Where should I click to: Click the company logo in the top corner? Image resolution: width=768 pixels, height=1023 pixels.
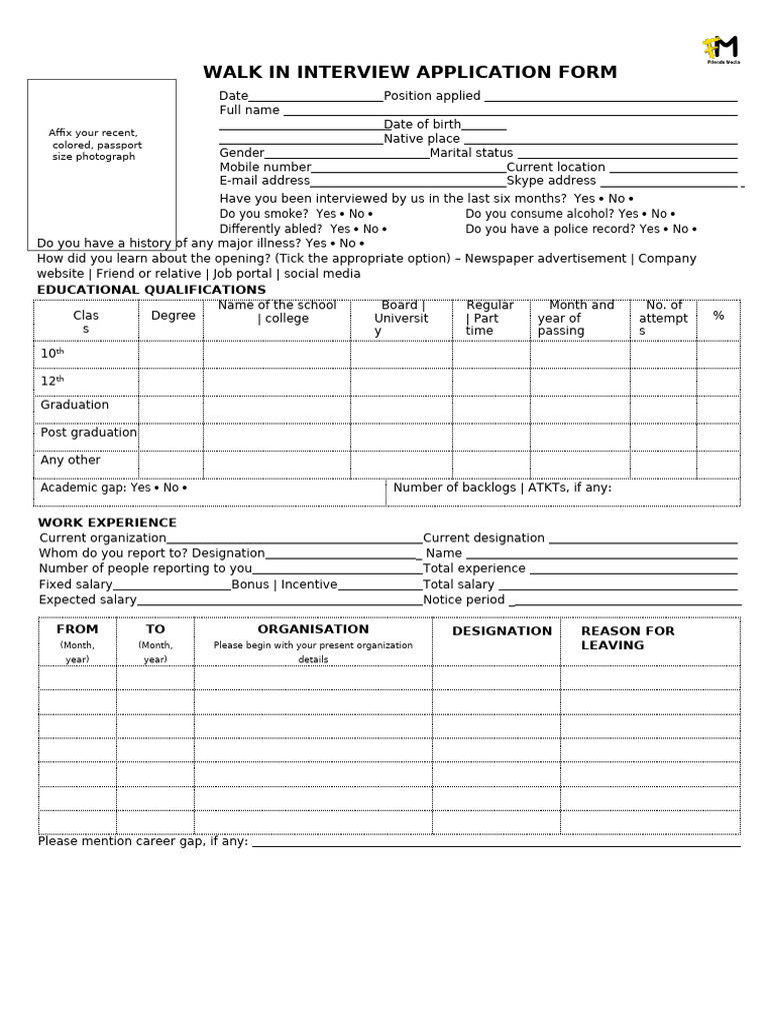[720, 49]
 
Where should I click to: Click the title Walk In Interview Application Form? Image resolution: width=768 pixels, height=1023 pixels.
[410, 72]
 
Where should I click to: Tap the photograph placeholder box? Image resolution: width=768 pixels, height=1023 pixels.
[101, 164]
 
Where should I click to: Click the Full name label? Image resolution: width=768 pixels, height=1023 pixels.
[249, 110]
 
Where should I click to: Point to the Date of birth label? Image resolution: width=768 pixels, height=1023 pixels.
[422, 125]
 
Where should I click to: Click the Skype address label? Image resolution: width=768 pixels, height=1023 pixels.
[551, 181]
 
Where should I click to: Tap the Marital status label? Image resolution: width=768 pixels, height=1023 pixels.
[471, 153]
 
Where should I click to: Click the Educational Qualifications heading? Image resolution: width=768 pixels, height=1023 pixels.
[151, 290]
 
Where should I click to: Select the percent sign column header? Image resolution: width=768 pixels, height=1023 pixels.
[718, 316]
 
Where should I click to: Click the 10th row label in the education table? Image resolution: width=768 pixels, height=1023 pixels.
[52, 354]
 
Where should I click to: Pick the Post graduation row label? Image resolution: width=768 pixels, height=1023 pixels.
[88, 433]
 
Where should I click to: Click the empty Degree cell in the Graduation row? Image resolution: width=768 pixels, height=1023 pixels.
[170, 410]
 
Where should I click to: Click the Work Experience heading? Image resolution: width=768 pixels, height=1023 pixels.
[107, 522]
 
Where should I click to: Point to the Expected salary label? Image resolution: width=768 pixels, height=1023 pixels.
[88, 599]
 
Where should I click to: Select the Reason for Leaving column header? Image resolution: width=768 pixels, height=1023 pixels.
[627, 637]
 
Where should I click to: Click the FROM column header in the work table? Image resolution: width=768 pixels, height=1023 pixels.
[77, 629]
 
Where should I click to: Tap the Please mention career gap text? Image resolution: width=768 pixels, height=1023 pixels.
[143, 841]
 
